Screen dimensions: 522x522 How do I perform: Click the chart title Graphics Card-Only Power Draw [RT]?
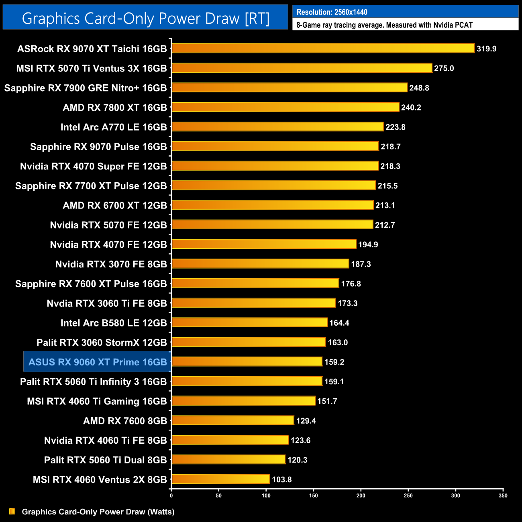[x=145, y=18]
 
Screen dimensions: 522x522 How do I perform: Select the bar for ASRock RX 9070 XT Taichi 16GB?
[x=323, y=49]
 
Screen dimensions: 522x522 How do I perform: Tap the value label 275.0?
[x=444, y=68]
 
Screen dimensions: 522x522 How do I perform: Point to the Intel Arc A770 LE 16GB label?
[x=114, y=127]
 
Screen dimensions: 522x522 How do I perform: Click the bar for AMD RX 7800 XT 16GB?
[x=285, y=107]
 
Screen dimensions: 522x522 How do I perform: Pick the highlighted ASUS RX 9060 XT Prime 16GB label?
[x=98, y=362]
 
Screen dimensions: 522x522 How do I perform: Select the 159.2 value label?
[x=334, y=362]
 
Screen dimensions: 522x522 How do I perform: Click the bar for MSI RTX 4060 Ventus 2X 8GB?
[x=220, y=479]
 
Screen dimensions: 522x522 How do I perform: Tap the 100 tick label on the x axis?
[x=266, y=495]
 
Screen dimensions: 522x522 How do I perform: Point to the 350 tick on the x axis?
[x=503, y=495]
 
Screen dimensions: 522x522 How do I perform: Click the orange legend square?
[x=12, y=512]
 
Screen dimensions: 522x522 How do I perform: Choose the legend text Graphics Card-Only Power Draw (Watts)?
[x=98, y=512]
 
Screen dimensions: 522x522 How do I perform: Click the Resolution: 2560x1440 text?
[x=332, y=12]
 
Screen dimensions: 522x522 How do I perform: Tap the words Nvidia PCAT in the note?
[x=453, y=25]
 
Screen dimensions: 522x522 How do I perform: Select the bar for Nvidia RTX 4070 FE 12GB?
[x=264, y=245]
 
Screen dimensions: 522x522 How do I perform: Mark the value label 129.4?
[x=306, y=421]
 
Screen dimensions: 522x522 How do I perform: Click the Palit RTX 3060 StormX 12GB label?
[x=102, y=343]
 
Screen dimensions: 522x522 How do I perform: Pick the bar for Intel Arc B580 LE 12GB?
[x=249, y=323]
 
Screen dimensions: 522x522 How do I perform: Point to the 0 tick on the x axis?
[x=171, y=495]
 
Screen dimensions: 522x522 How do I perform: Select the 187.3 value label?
[x=361, y=264]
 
